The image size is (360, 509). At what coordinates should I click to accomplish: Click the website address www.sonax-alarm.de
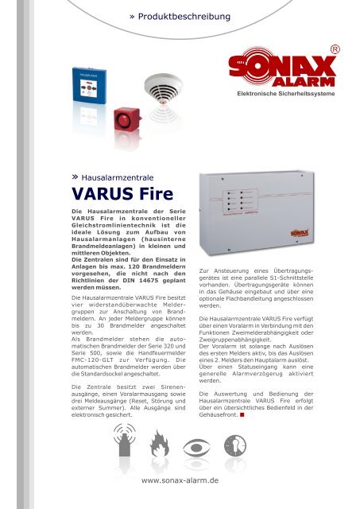180,482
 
